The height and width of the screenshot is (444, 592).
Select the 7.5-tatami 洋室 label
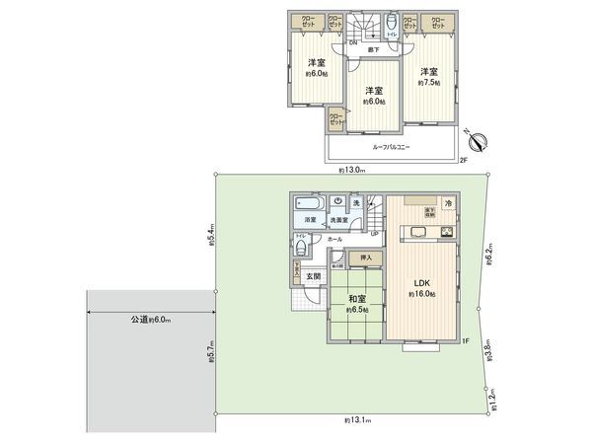click(427, 72)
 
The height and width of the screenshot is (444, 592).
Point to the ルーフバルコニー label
click(392, 147)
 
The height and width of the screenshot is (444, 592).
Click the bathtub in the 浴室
click(310, 202)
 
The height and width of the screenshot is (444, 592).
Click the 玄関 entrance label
click(313, 277)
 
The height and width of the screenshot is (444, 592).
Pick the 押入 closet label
click(366, 259)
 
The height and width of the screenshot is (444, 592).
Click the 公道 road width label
click(149, 319)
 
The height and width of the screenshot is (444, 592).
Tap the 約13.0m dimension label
click(350, 171)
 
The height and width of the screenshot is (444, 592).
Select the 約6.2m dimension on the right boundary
click(490, 259)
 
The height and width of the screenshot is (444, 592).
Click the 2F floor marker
click(463, 160)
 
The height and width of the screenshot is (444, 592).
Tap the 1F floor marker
click(463, 341)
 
